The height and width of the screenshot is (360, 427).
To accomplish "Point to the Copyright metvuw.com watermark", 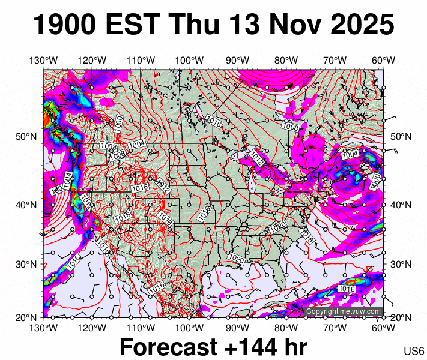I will tap(343, 311).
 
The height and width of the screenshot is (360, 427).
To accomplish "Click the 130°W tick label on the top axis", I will tap(43, 60).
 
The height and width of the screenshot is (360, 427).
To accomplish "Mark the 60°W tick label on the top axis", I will tap(383, 60).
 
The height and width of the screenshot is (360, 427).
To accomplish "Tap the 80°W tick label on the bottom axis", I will tap(286, 328).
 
